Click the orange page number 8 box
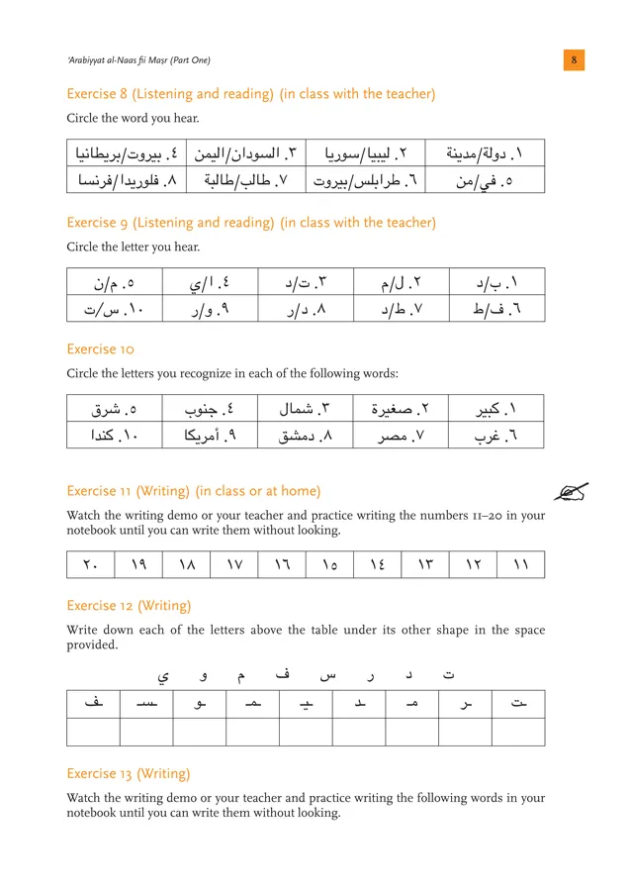(x=575, y=60)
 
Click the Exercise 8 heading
(x=250, y=94)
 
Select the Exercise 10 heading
(x=100, y=349)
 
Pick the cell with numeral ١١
(x=520, y=565)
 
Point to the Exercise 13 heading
(x=129, y=773)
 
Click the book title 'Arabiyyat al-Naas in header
(x=138, y=60)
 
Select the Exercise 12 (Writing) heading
(x=129, y=605)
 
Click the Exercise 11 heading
(x=193, y=490)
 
